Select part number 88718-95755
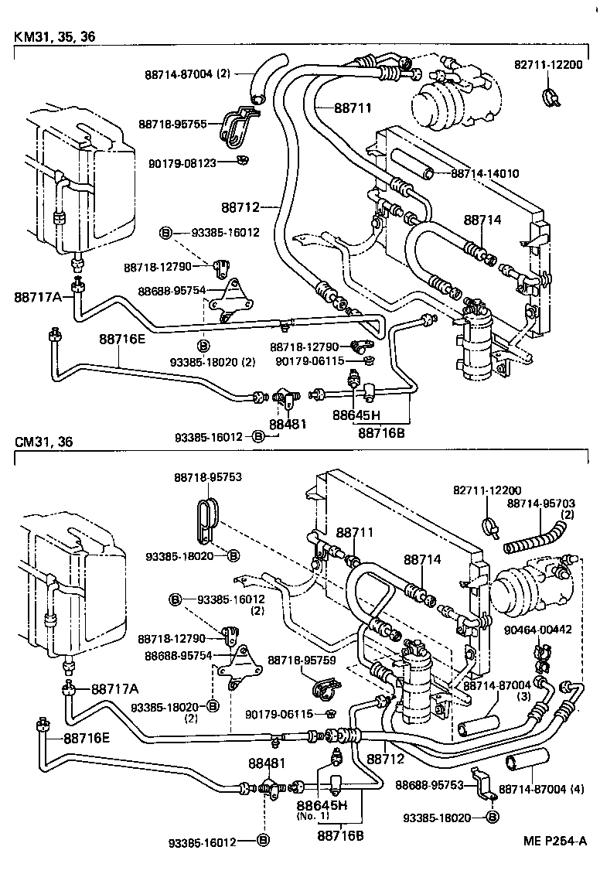coord(172,124)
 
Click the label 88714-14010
coord(484,173)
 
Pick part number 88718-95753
coord(207,477)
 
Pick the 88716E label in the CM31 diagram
coord(87,737)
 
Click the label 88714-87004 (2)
coord(187,74)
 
